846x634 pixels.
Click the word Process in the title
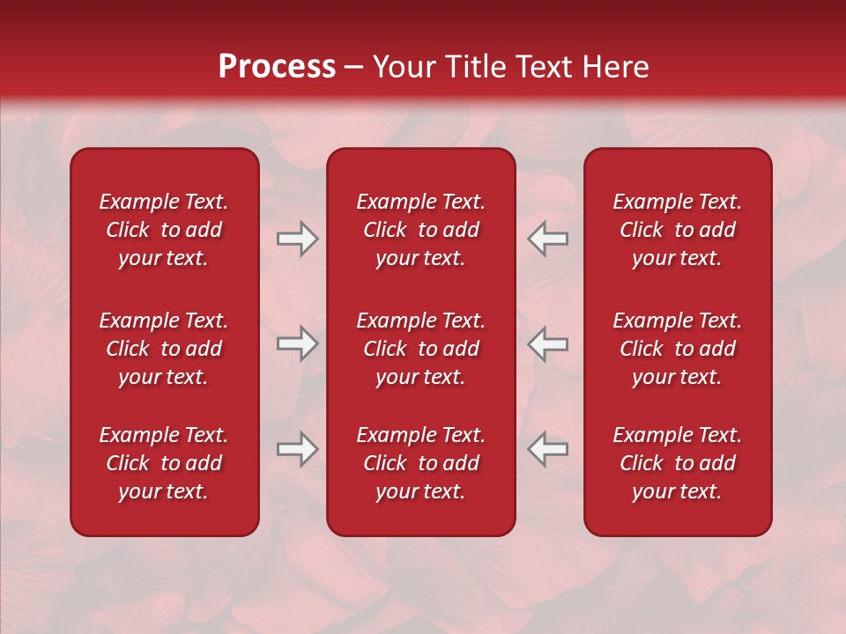coord(277,67)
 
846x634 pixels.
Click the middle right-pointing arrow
coord(297,343)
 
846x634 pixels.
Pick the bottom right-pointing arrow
coord(297,448)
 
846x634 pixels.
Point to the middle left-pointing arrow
coord(548,343)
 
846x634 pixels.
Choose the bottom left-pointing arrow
coord(548,448)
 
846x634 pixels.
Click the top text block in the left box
coord(164,230)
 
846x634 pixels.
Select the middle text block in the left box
coord(164,349)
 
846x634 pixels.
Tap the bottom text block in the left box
coord(164,463)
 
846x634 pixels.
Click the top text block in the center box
coord(420,230)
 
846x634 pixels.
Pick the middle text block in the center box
coord(420,349)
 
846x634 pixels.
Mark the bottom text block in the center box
coord(420,463)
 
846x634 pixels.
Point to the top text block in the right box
coord(677,230)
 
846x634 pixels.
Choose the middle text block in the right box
coord(677,349)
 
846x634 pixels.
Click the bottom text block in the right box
coord(677,463)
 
